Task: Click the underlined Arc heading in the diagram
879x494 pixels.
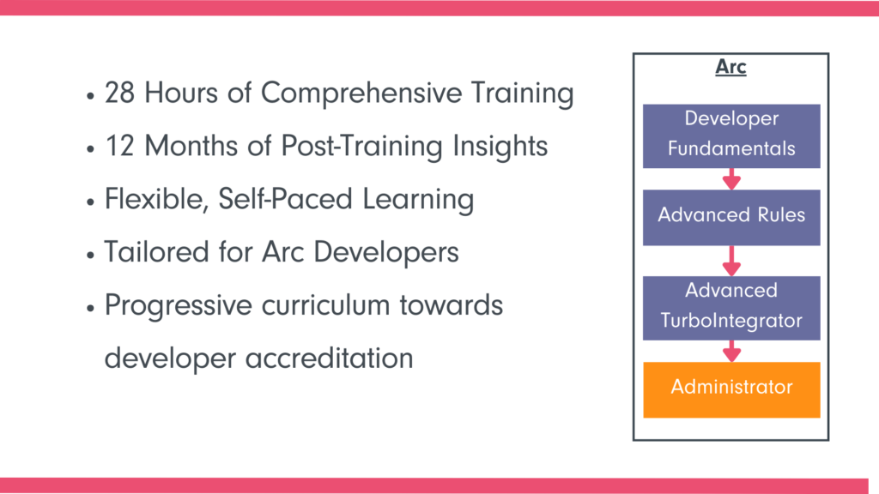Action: point(730,67)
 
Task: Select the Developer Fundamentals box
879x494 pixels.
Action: point(731,136)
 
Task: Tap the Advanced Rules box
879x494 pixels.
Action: point(731,217)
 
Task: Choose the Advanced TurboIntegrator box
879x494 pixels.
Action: point(731,308)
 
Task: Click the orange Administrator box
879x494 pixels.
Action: point(731,390)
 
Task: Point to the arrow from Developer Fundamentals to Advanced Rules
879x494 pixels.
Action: point(731,179)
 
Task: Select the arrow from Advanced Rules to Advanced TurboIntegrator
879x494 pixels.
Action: point(731,261)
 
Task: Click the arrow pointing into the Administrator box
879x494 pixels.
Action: point(731,351)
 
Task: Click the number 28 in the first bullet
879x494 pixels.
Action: point(120,93)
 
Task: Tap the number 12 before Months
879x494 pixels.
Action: point(120,146)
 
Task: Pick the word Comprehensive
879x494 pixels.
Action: point(361,93)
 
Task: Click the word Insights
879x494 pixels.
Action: point(500,147)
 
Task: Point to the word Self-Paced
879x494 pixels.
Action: point(285,199)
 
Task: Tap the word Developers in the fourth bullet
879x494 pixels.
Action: point(386,253)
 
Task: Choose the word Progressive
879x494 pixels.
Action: point(179,306)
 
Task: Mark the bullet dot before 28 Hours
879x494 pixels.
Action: point(90,96)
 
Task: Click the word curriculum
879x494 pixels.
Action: point(325,305)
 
